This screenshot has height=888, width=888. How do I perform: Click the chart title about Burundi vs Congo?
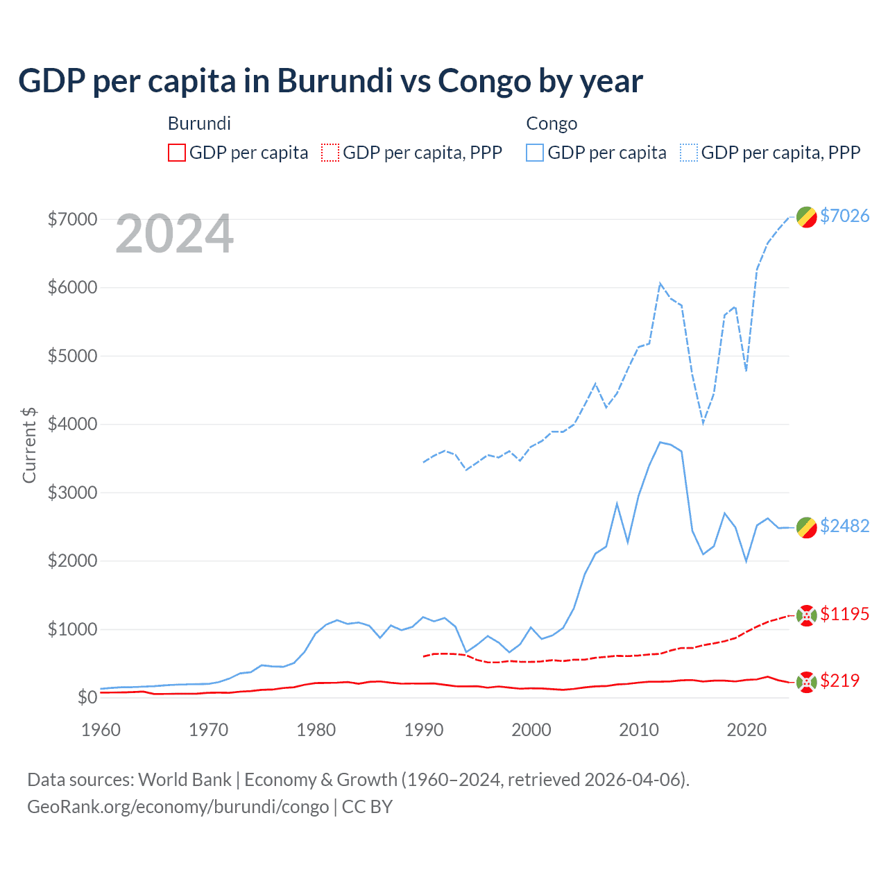[330, 81]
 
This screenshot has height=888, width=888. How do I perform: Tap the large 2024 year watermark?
[174, 234]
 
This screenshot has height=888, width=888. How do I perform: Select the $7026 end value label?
[844, 216]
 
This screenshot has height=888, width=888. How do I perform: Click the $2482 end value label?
[844, 526]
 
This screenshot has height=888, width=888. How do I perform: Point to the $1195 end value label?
[844, 614]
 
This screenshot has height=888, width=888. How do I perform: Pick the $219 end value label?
[839, 681]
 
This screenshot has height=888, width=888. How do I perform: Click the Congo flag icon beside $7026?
[806, 217]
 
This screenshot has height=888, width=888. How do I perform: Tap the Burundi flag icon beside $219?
[806, 682]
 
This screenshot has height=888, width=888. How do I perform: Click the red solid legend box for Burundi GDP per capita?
[177, 153]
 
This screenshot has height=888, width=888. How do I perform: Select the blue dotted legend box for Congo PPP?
[689, 153]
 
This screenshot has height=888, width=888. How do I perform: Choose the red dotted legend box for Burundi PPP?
[330, 153]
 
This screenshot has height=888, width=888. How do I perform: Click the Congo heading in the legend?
[552, 123]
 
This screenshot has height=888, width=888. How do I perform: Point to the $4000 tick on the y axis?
[72, 424]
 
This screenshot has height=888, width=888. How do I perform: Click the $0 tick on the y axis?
[87, 697]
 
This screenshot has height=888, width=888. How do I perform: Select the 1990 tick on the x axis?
[423, 730]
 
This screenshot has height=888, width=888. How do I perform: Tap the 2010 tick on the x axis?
[638, 730]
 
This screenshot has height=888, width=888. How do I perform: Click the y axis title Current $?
[29, 445]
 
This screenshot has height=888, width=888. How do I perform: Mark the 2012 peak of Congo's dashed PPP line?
[660, 283]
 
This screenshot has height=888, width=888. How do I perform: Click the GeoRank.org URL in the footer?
[178, 807]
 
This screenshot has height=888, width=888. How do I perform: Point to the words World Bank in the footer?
[185, 780]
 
